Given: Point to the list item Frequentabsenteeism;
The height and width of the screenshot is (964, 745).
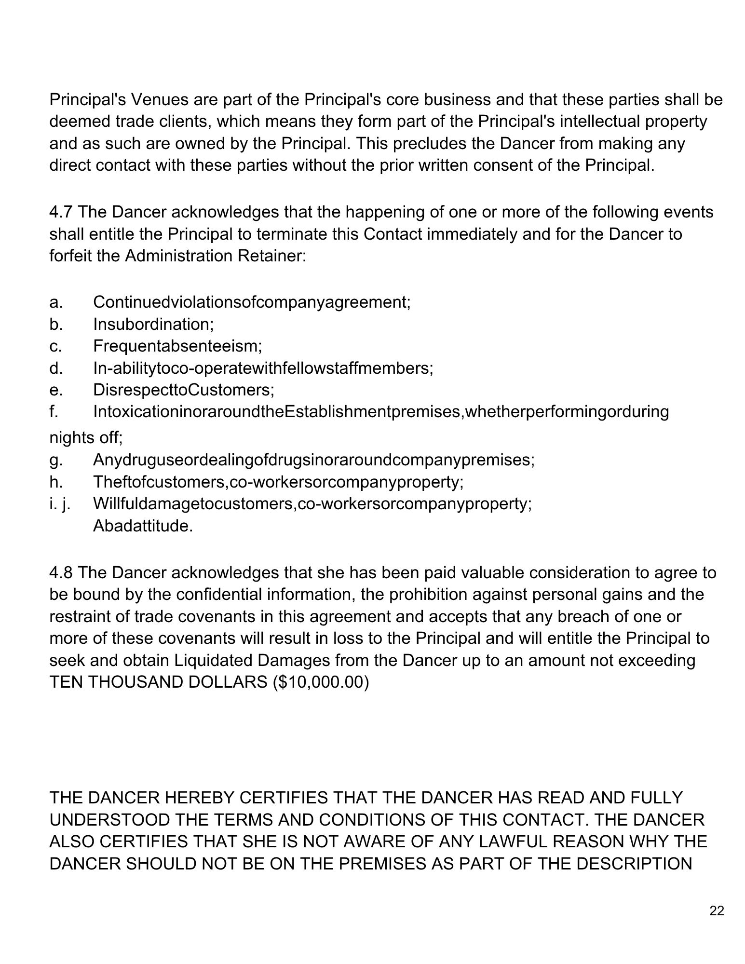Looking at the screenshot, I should pos(177,346).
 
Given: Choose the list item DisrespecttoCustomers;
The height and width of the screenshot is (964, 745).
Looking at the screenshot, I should pos(183,390).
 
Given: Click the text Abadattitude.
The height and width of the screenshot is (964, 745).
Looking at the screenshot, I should pos(143,526).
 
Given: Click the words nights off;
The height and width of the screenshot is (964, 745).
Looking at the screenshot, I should pos(86,438).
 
